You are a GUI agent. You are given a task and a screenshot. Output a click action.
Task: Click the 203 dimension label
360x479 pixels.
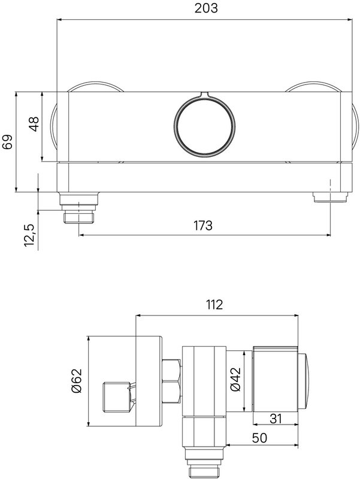click(206, 8)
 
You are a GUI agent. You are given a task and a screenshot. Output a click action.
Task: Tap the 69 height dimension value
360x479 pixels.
click(7, 142)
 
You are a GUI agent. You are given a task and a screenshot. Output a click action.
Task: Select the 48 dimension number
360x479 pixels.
click(34, 124)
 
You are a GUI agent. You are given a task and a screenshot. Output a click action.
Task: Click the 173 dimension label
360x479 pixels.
click(203, 226)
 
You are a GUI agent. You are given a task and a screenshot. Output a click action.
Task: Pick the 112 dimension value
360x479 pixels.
click(214, 305)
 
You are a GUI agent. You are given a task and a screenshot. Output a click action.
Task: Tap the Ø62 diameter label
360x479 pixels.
click(77, 381)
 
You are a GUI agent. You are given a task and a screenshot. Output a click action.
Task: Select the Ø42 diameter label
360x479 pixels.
click(235, 379)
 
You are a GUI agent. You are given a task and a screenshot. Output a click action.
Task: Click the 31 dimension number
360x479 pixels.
click(276, 419)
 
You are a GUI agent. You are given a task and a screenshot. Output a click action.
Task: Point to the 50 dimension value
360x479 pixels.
click(259, 438)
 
